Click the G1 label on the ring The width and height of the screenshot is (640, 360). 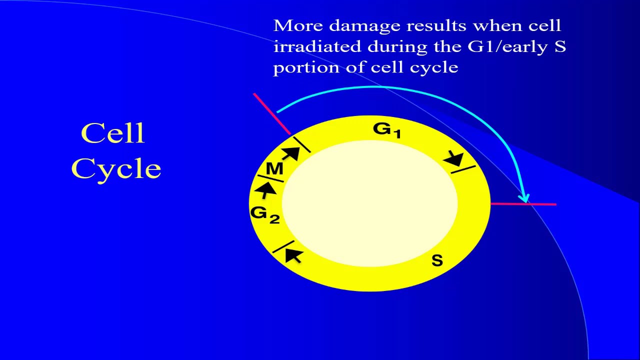(386, 130)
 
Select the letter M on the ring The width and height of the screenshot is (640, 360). (274, 169)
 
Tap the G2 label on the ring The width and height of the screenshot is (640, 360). (264, 214)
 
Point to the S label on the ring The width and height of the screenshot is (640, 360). (437, 260)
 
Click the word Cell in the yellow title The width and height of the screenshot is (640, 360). (113, 133)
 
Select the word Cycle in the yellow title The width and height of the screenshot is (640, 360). (116, 168)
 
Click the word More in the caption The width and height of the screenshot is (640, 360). (297, 25)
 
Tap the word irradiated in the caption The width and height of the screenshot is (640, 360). (317, 46)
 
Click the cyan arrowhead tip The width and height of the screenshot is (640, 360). (524, 200)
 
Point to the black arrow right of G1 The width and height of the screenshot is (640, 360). (455, 159)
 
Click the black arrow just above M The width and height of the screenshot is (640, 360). (290, 152)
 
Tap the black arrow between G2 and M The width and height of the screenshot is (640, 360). (267, 189)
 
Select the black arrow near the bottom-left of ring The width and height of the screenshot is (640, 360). (293, 256)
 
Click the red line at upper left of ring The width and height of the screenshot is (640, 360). (271, 113)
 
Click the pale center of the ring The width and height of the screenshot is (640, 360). (370, 202)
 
